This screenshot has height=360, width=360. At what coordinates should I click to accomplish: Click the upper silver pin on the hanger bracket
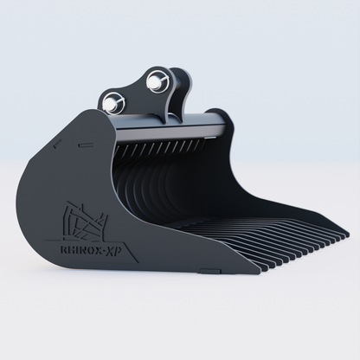(156, 82)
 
